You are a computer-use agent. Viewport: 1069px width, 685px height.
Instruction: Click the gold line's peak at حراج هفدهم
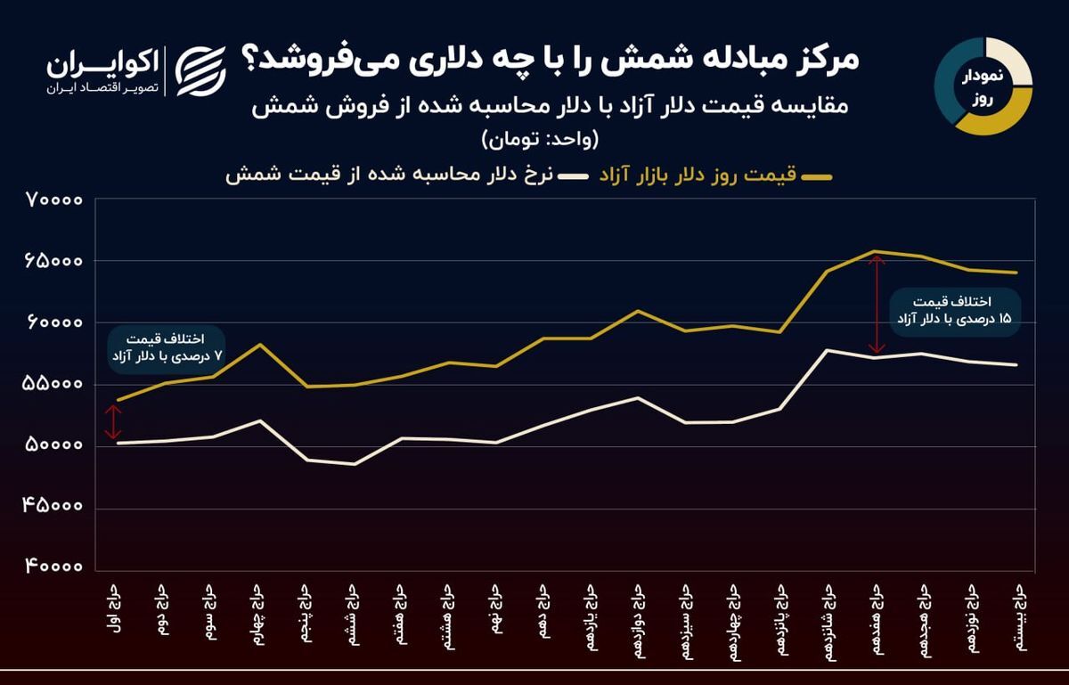point(876,251)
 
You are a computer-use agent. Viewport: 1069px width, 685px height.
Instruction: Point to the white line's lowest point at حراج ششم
point(355,464)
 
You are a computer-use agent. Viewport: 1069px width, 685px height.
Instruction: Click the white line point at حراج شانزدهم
point(828,350)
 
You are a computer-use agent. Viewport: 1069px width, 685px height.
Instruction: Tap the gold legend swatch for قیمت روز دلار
point(817,178)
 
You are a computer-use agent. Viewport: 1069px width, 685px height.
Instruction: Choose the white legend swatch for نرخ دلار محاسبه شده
point(570,178)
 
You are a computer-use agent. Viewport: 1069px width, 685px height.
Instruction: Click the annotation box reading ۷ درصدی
point(165,348)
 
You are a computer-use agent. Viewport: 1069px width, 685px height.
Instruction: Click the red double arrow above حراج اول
point(113,422)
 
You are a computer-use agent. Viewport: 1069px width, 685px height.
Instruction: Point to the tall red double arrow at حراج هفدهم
point(877,304)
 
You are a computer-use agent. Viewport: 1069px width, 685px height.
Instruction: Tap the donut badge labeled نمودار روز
point(983,86)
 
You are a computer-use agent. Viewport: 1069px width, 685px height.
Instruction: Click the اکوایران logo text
point(102,64)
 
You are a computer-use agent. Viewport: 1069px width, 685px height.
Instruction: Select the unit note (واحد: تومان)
point(541,139)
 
